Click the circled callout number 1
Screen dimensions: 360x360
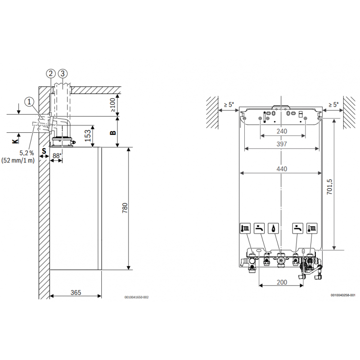point(29,102)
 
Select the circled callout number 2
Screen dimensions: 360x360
point(50,73)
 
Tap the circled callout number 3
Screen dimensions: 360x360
point(63,73)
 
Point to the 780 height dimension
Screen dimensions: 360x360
point(125,208)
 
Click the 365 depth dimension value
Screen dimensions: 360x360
point(76,292)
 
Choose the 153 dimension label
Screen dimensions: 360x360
point(88,134)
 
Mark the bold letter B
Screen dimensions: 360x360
point(113,132)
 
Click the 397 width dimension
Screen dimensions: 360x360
point(281,144)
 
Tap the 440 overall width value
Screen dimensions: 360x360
point(281,169)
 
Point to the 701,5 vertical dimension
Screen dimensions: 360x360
point(330,186)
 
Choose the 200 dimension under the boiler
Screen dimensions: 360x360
point(281,282)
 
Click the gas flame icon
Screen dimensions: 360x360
point(274,228)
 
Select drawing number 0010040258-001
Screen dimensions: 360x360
point(343,295)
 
